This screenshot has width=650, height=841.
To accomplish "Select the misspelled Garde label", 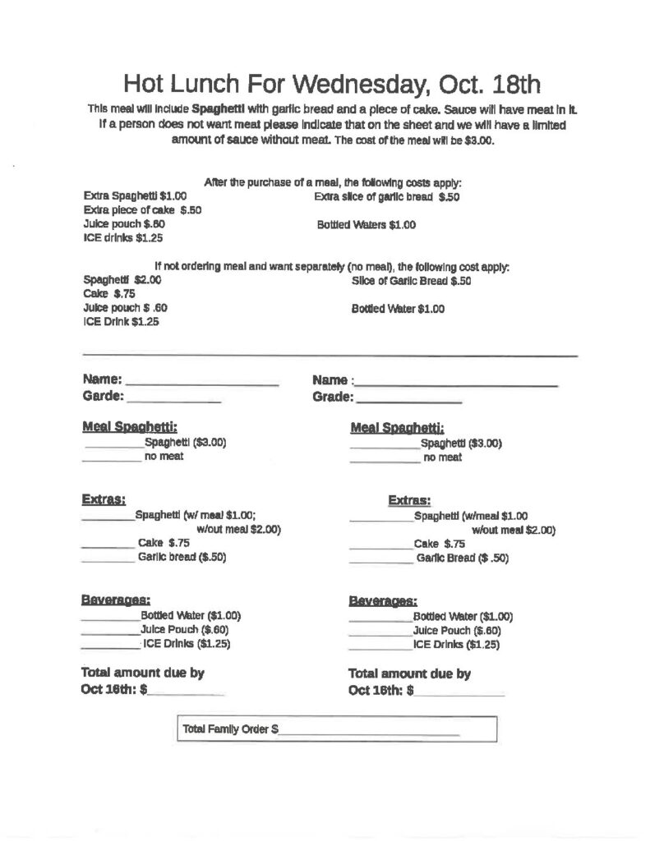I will tap(103, 397).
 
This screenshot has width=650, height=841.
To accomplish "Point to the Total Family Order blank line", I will tap(369, 730).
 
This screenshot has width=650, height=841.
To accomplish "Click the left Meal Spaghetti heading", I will tap(129, 426).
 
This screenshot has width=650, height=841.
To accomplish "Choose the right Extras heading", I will tap(409, 500).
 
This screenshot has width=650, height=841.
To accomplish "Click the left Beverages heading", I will tap(115, 600).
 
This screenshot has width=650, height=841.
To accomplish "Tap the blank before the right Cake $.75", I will tap(380, 546).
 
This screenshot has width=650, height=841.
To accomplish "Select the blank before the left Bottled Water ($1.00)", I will tap(110, 618).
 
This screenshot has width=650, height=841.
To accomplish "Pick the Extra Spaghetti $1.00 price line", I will tap(136, 197).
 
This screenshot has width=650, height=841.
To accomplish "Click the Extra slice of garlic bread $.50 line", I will tap(386, 197).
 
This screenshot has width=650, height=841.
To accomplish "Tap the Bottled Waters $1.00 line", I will tap(366, 225).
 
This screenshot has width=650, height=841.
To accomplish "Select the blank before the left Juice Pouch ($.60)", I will tap(110, 632).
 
